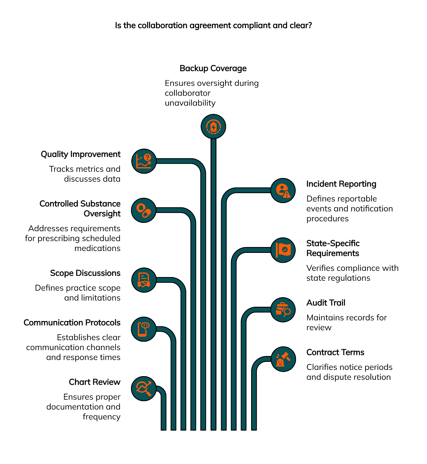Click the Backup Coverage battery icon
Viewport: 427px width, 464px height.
213,127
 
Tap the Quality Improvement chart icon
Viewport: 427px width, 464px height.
144,161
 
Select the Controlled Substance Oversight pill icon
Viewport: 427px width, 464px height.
144,210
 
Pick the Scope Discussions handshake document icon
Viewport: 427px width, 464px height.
144,280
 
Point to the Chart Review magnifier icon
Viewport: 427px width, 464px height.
144,388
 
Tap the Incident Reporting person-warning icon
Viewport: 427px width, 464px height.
283,190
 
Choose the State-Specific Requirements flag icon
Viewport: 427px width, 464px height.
283,250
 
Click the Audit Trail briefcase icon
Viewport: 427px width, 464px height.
283,310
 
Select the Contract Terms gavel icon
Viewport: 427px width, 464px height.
283,359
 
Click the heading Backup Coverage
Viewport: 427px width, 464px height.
213,68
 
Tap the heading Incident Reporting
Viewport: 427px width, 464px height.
341,184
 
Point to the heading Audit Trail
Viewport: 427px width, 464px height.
326,303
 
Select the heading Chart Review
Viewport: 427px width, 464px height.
94,382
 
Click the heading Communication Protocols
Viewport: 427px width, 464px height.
72,323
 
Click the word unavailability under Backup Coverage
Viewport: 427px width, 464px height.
190,103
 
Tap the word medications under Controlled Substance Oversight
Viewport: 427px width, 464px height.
97,248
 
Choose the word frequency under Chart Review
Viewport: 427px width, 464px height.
101,417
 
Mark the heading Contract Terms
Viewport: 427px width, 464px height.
335,352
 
